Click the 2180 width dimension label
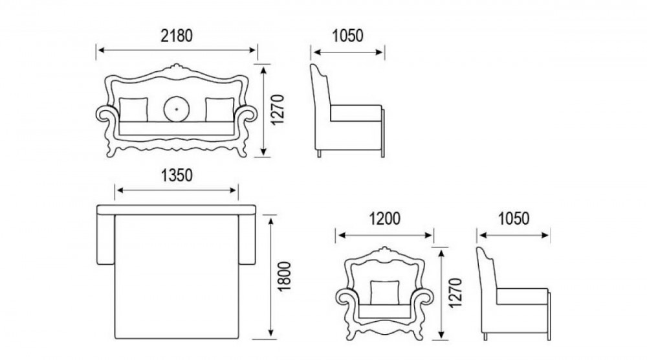[x=177, y=36]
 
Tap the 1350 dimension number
[x=177, y=175]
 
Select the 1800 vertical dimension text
[x=285, y=276]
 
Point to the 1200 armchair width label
[x=384, y=219]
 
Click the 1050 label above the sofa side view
[x=348, y=36]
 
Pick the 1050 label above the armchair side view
[x=514, y=219]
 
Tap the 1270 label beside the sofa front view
[x=278, y=110]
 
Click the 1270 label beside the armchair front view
[x=455, y=293]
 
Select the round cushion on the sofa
[x=177, y=109]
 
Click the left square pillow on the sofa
[x=133, y=110]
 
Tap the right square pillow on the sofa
[x=219, y=110]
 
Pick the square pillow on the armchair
[x=385, y=293]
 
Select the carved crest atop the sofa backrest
[x=177, y=68]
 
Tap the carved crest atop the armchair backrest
[x=385, y=251]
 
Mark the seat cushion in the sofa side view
[x=356, y=113]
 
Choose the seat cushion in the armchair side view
[x=522, y=296]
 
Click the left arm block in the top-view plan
[x=105, y=240]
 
